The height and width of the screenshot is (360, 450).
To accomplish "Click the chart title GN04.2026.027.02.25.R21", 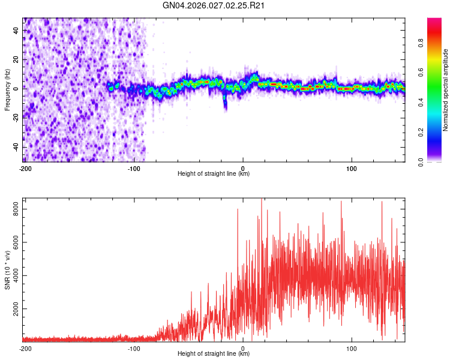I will click(x=214, y=6).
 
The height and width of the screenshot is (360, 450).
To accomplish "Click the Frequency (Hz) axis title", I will click(x=7, y=91).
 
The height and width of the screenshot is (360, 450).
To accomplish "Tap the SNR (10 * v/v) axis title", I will click(x=7, y=271).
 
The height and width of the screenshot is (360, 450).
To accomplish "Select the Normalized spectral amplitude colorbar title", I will click(x=446, y=91).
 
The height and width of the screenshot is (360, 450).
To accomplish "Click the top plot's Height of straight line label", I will click(x=214, y=174).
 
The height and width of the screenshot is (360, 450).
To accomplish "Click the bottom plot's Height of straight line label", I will click(x=214, y=354).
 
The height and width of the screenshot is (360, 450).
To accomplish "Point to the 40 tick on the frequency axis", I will click(x=16, y=30).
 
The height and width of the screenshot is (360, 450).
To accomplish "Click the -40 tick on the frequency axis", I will click(x=14, y=147).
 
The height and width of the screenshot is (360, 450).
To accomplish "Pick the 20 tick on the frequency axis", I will click(x=16, y=59).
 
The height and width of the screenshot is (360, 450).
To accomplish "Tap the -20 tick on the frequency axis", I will click(x=14, y=118).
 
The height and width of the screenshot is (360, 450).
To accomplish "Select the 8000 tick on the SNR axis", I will click(x=13, y=208).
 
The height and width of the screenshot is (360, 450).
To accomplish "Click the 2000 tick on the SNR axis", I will click(x=13, y=309).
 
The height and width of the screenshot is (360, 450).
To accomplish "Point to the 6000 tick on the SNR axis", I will click(x=13, y=242).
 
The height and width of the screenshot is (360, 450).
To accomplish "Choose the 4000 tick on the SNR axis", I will click(x=13, y=275).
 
